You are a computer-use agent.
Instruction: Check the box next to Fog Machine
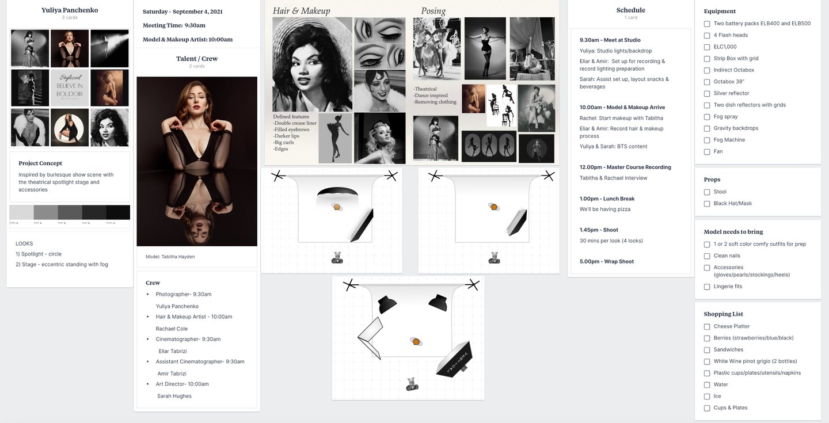[707, 140]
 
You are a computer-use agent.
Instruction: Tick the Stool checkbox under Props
[707, 192]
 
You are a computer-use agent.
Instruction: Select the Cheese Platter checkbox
[707, 326]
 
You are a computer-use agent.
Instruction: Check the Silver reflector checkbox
[707, 93]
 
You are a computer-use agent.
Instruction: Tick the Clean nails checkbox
[707, 256]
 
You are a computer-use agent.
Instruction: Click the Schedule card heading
[630, 10]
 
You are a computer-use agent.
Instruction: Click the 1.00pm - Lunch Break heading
[607, 199]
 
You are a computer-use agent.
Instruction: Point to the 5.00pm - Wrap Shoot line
[606, 261]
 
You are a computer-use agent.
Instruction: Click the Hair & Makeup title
[301, 11]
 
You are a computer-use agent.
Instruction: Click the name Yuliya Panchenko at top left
[70, 10]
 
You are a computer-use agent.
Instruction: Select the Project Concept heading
[40, 163]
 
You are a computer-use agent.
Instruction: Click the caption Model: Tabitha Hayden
[170, 257]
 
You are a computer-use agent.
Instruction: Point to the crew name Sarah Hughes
[174, 396]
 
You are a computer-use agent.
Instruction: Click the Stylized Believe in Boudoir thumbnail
[70, 88]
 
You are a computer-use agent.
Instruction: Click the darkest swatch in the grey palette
[118, 212]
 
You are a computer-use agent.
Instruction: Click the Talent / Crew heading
[197, 59]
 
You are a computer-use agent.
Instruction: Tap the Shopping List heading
[723, 314]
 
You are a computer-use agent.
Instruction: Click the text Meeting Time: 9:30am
[174, 25]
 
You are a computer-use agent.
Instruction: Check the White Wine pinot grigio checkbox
[707, 361]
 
